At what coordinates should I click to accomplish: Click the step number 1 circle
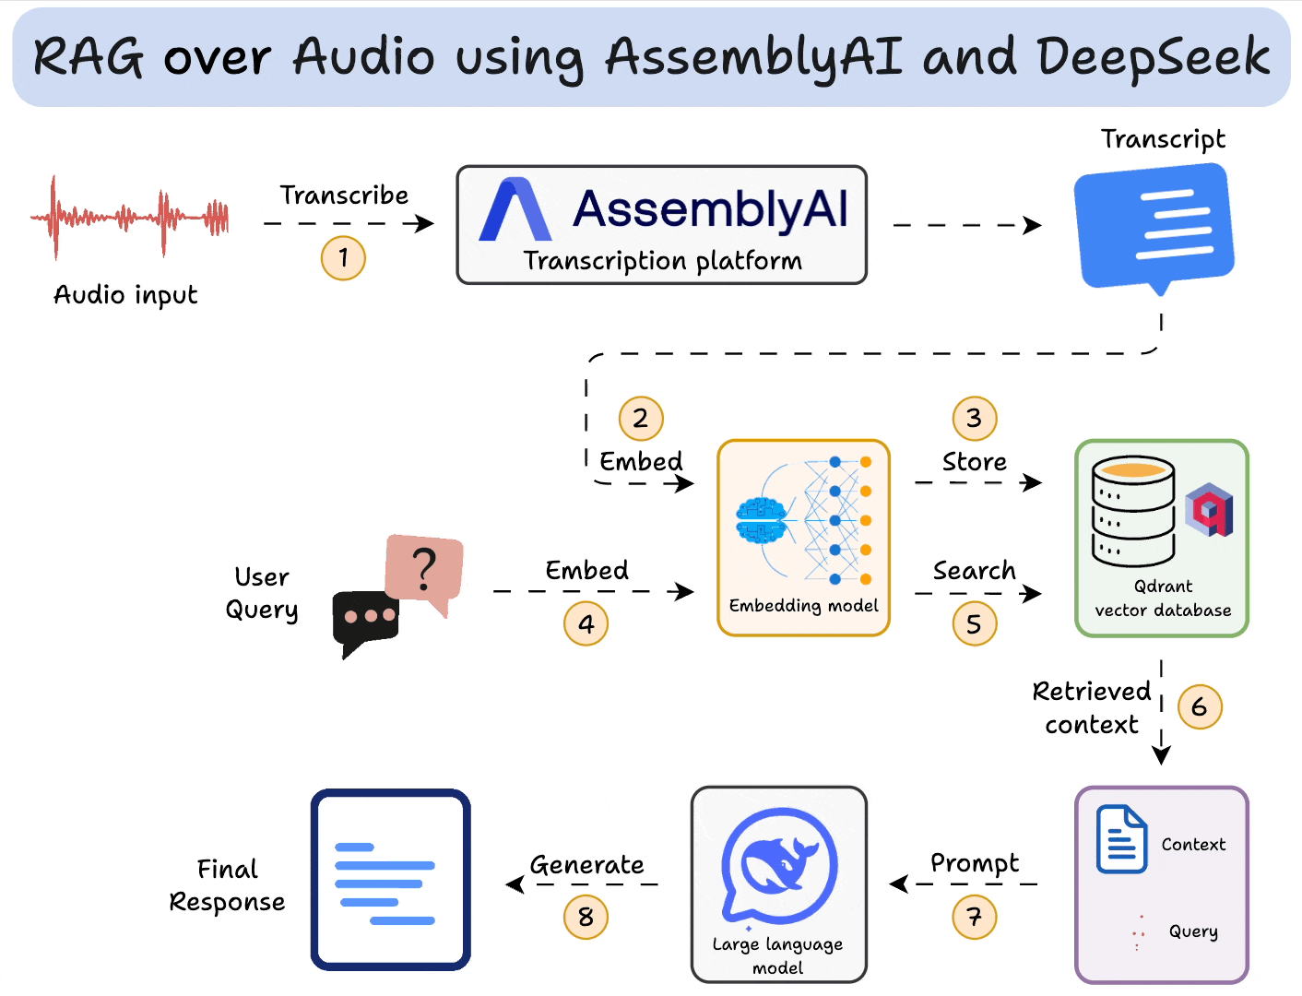point(343,257)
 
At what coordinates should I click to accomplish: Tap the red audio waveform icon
point(130,218)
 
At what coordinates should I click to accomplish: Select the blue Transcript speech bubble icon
point(1154,227)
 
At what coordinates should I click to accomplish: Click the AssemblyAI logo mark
point(515,210)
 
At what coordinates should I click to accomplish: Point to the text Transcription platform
point(662,261)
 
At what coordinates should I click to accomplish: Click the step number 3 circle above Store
point(974,418)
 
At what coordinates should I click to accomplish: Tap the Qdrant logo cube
point(1209,509)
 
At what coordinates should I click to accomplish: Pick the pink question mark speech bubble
point(424,569)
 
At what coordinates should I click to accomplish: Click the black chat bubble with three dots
point(365,619)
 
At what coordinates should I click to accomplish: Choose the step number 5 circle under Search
point(974,624)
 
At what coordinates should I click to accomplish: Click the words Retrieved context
point(1091,707)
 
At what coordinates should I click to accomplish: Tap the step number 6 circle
point(1200,707)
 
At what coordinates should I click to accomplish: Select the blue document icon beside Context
point(1121,839)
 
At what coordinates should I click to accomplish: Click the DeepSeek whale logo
point(779,865)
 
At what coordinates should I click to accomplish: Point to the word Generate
point(586,865)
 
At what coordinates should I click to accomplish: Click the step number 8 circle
point(586,917)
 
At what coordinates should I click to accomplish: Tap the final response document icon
point(390,880)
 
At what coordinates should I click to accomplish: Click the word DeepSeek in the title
point(1153,57)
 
